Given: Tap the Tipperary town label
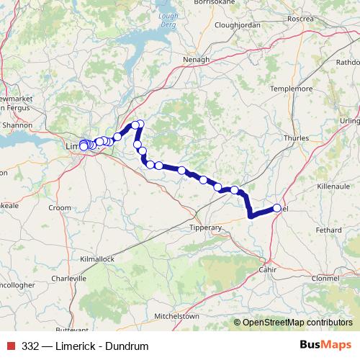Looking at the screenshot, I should pos(205,228).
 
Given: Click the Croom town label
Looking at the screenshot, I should pos(60,207).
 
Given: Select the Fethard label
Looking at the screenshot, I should pos(328,230).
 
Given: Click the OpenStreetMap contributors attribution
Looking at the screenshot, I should pos(295,323).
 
